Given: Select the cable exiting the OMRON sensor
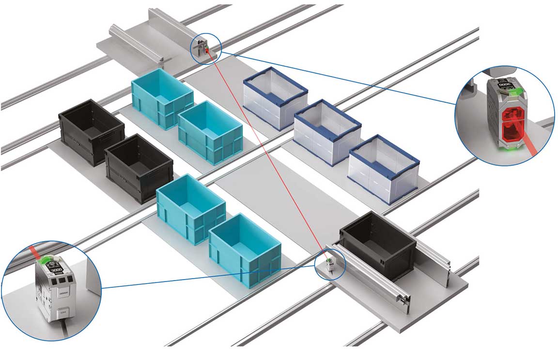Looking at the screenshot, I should (x=63, y=329).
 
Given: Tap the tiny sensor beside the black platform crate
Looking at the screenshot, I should (x=329, y=264).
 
